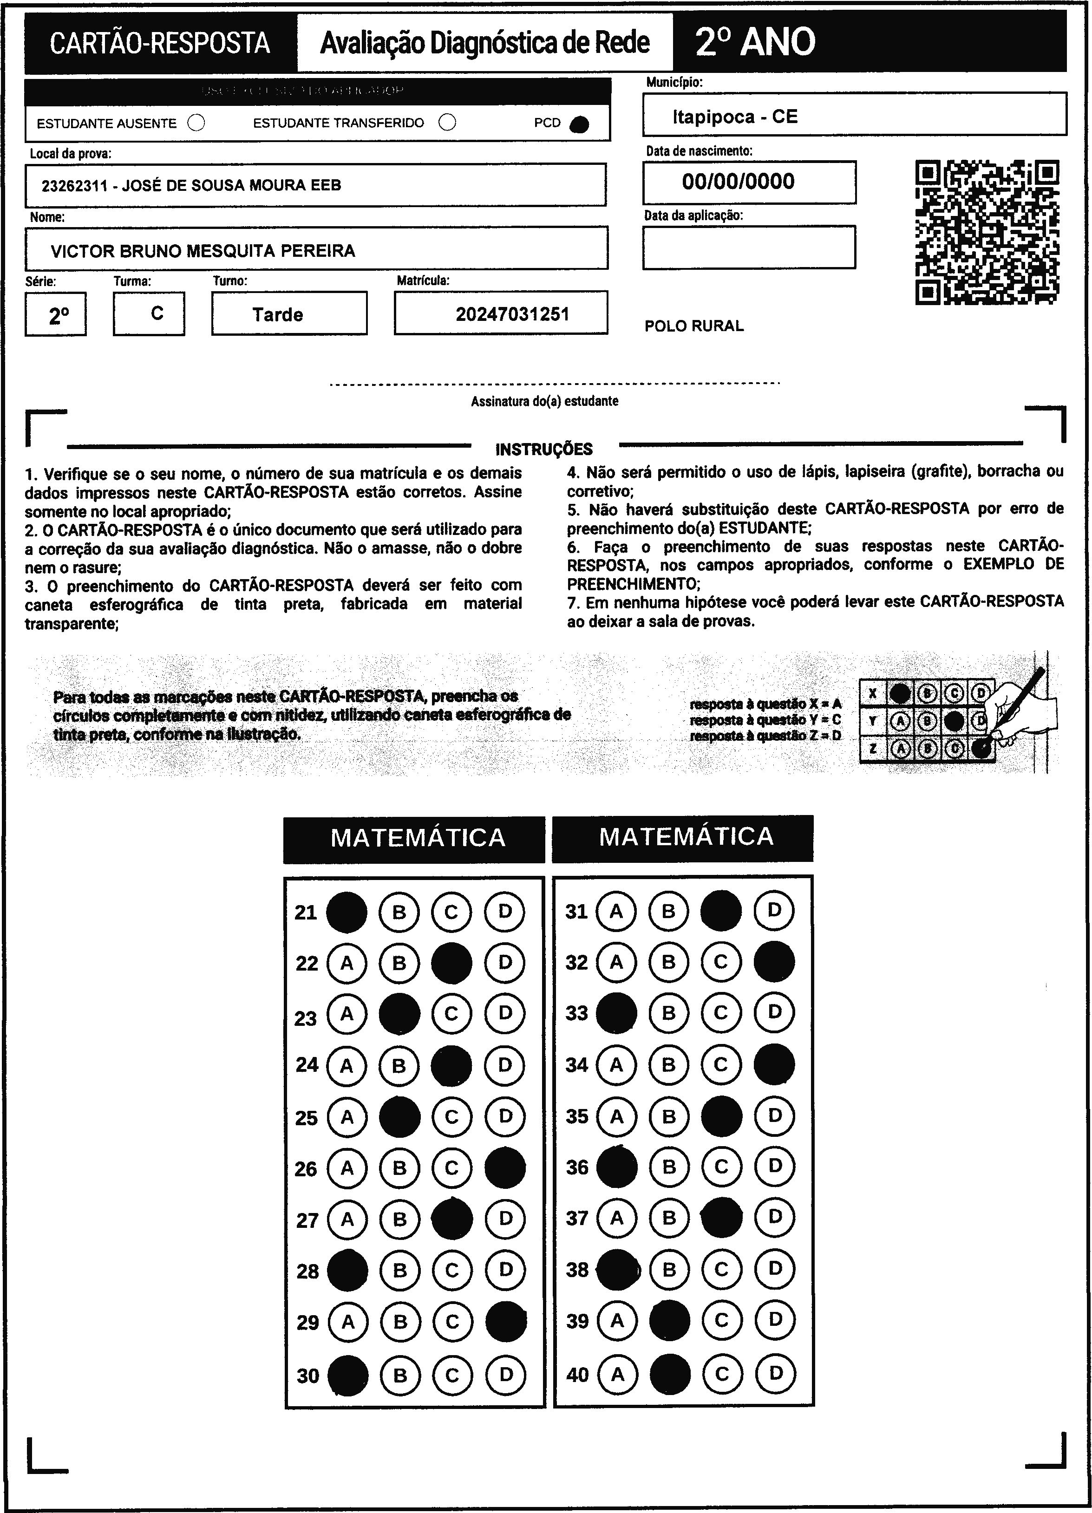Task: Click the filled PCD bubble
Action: click(x=580, y=124)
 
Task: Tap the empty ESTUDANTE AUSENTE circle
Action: click(x=196, y=123)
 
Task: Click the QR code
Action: click(x=987, y=231)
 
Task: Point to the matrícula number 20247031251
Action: click(x=512, y=314)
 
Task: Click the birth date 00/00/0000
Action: click(x=738, y=182)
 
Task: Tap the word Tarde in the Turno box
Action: click(x=277, y=315)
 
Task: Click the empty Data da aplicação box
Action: click(x=748, y=248)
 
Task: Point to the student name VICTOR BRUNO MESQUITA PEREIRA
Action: click(x=203, y=251)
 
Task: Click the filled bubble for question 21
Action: click(x=346, y=912)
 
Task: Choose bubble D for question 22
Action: click(x=505, y=963)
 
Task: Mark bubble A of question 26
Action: click(x=347, y=1168)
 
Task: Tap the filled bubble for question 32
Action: click(x=774, y=961)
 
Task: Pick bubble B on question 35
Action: click(x=669, y=1116)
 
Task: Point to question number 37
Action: click(x=577, y=1219)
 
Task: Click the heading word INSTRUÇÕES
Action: click(x=543, y=450)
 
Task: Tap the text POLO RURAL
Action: click(x=694, y=326)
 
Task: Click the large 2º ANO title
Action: click(x=755, y=42)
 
